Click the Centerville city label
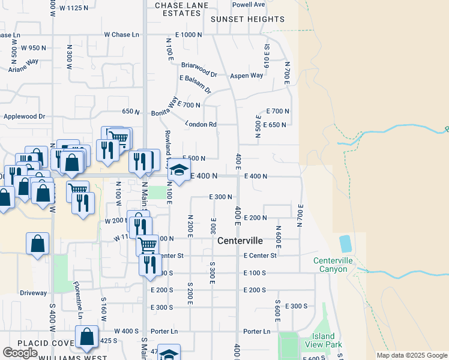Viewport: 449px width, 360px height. [x=240, y=241]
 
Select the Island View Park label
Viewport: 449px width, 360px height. [x=327, y=341]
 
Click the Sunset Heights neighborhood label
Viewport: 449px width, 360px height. [x=247, y=19]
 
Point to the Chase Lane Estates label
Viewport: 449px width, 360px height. [x=181, y=8]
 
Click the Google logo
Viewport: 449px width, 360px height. [x=20, y=353]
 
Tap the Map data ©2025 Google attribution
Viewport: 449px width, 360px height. [x=412, y=355]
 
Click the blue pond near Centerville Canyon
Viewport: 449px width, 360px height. [x=346, y=244]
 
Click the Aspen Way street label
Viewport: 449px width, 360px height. [x=247, y=76]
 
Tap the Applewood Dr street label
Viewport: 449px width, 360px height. [x=25, y=116]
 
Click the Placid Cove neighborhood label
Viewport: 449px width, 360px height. [x=26, y=343]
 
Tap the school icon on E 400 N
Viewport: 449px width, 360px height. [x=178, y=171]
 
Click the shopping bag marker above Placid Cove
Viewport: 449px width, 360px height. [x=87, y=337]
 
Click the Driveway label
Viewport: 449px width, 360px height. [x=33, y=293]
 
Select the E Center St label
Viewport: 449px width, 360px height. [x=260, y=256]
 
